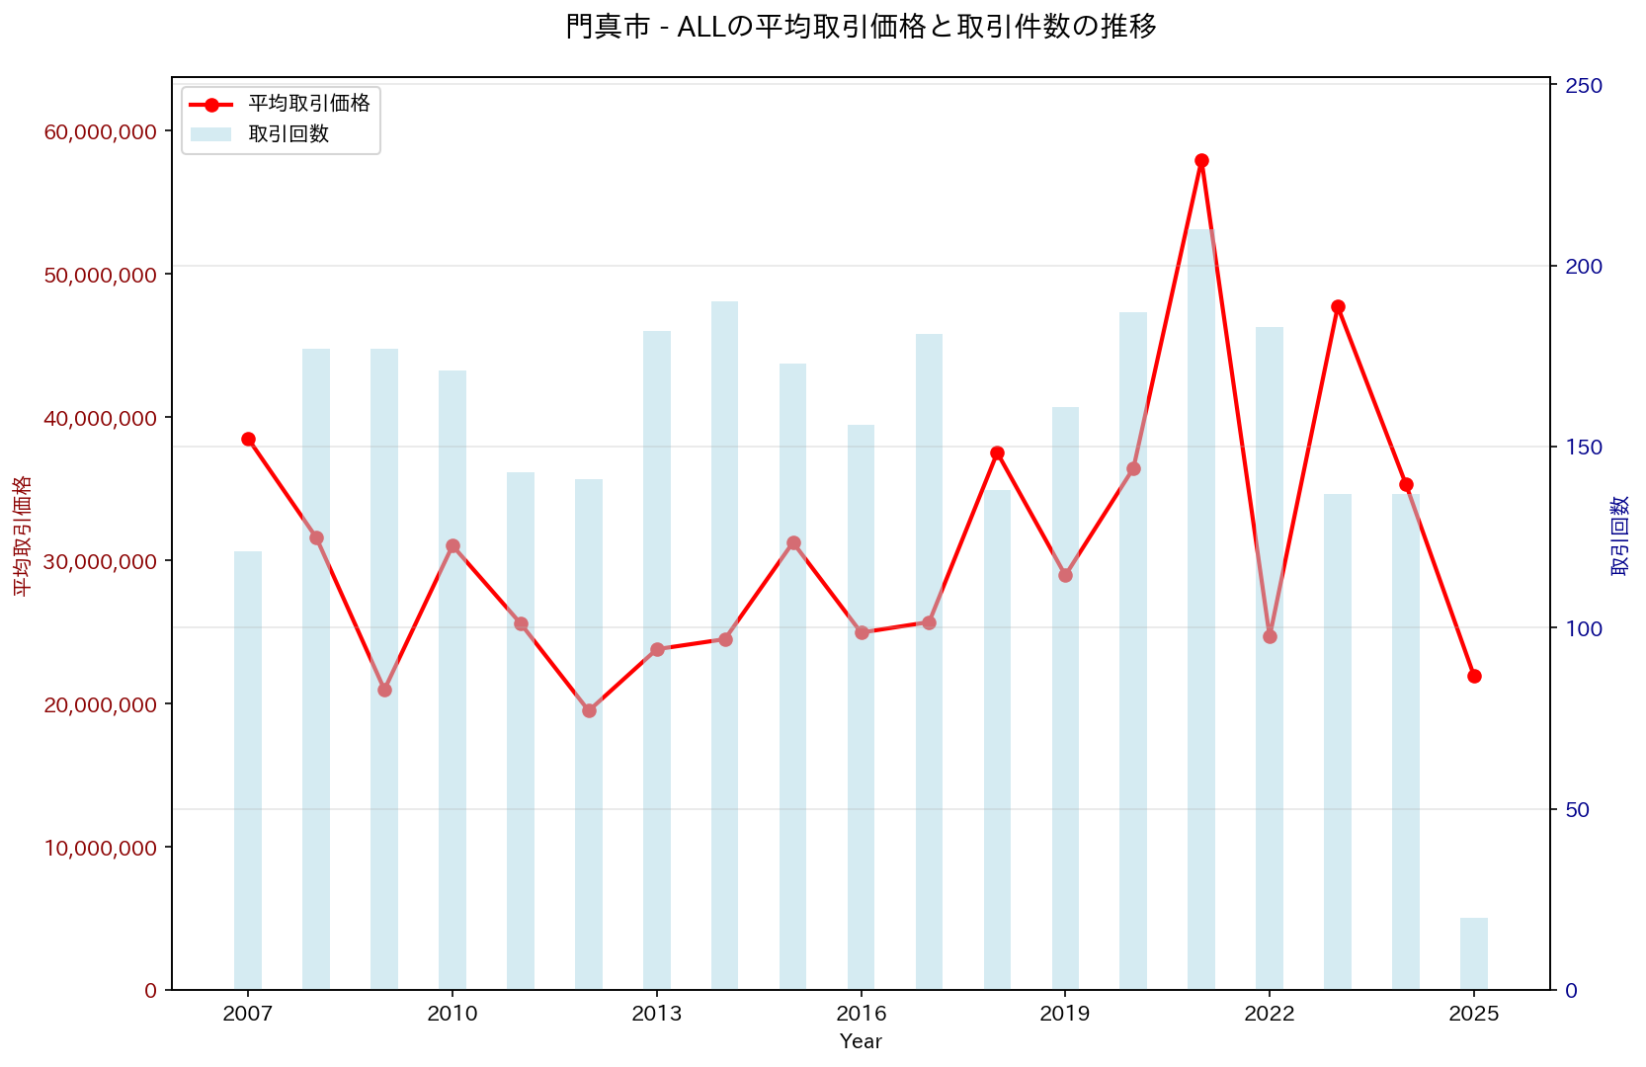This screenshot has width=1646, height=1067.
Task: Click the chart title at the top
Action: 861,27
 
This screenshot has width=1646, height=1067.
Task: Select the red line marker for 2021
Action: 1201,160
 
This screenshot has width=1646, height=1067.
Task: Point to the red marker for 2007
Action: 248,439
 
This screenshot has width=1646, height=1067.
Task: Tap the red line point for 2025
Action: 1474,676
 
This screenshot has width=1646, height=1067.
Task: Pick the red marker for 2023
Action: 1338,306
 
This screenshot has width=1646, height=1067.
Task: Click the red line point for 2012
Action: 589,710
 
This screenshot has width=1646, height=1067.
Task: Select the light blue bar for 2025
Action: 1474,953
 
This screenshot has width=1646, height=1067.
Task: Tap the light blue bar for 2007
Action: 248,771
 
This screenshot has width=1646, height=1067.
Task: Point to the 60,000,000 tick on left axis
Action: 101,131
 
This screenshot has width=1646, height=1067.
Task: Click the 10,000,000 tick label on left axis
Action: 101,848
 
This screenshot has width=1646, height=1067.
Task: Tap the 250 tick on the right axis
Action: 1583,86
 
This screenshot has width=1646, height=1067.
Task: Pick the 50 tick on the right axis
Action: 1578,810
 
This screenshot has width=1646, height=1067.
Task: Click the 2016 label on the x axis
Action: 862,1015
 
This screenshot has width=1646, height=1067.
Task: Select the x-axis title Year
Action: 861,1041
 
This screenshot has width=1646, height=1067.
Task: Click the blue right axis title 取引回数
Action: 1620,535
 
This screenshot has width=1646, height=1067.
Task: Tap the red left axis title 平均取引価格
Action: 22,535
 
